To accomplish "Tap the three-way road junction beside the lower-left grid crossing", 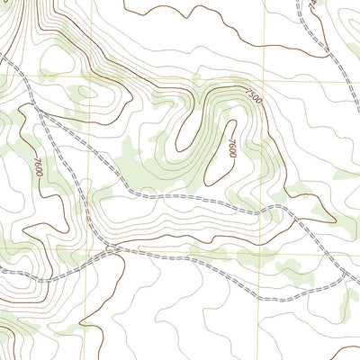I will [x=108, y=247].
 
